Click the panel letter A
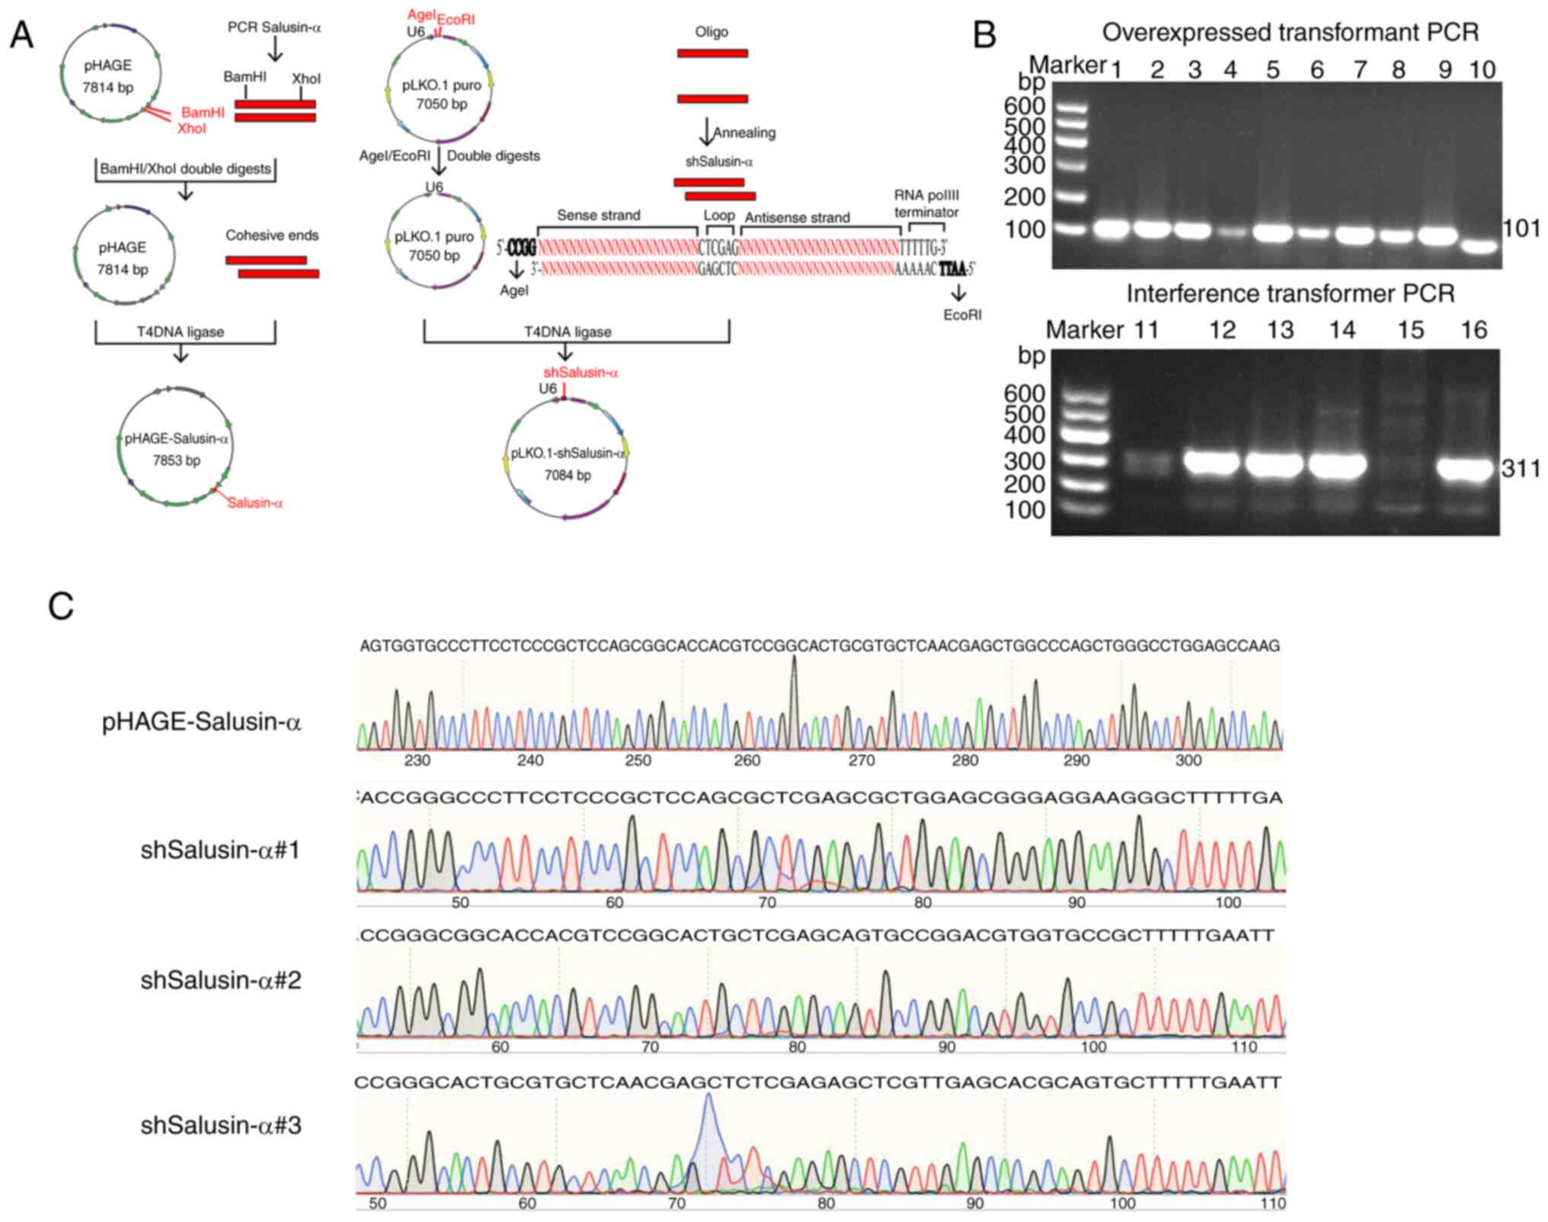(22, 36)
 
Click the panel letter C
(61, 607)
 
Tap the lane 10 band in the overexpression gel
(1480, 246)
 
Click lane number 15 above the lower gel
(1410, 330)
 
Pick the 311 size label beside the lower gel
(1521, 468)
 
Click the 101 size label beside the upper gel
(1521, 228)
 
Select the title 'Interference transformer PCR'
(1291, 293)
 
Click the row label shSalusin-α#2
(221, 980)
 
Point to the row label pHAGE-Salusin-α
(202, 721)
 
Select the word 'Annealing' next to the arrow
(744, 133)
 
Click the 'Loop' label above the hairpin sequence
(718, 216)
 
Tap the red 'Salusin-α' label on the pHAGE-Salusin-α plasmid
(254, 503)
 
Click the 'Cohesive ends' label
(272, 236)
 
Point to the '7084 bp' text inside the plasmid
(568, 476)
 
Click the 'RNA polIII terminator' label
(926, 204)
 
